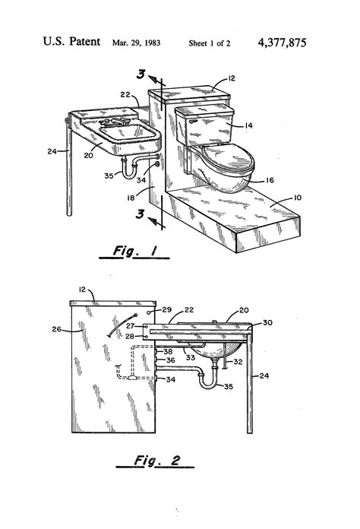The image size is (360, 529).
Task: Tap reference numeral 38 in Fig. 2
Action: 169,351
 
